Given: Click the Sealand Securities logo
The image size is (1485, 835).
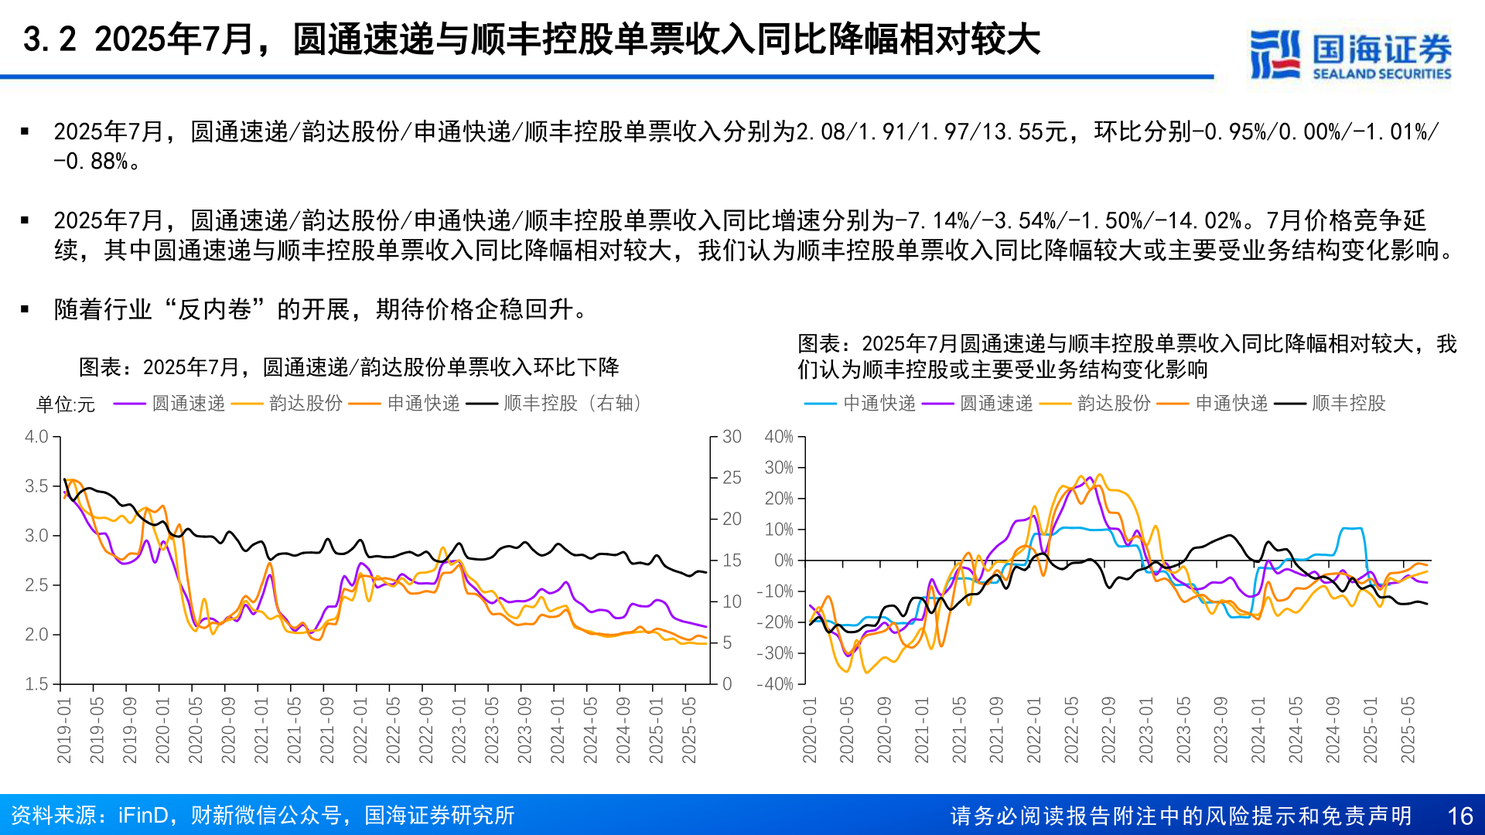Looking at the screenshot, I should [1350, 54].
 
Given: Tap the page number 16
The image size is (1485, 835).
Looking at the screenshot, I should [1459, 816].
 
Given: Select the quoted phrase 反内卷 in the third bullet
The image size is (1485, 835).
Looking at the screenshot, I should [214, 310].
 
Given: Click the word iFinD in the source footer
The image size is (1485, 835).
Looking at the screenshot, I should [143, 816].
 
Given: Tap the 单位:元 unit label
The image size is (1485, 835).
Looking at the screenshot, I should [66, 404].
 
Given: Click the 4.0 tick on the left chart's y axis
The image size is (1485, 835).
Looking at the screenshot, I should [36, 437].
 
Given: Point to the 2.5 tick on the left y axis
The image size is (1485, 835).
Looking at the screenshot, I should [36, 585].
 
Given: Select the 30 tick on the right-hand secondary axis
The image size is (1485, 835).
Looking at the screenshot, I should [732, 437].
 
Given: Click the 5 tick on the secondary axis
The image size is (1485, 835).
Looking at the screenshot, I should [727, 642].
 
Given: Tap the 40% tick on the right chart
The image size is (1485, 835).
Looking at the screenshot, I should [779, 437].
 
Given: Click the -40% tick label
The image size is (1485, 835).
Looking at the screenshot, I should [776, 684].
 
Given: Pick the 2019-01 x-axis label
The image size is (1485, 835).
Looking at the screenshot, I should [63, 731].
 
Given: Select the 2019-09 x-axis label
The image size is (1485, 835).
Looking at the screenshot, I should [129, 731].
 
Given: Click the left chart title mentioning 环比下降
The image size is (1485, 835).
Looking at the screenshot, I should [349, 367].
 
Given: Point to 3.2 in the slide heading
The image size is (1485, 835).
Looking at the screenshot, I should [49, 40].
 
